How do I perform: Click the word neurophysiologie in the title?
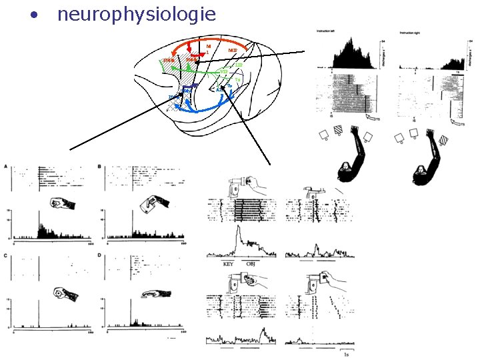[137, 14]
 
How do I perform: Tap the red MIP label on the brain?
[233, 50]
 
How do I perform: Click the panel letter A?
[6, 166]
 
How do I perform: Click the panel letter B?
[100, 166]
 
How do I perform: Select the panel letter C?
[6, 256]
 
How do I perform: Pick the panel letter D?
[100, 256]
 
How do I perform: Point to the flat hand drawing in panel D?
[154, 293]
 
